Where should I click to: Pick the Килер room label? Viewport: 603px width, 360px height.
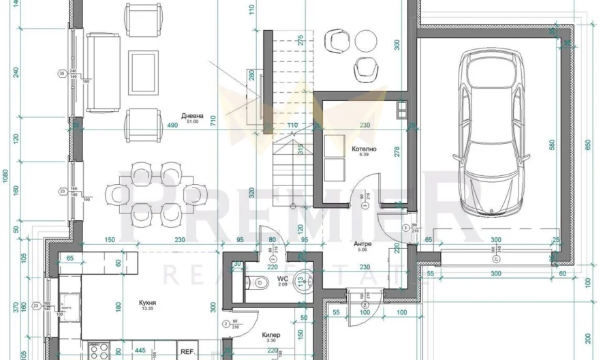tap(272, 335)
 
